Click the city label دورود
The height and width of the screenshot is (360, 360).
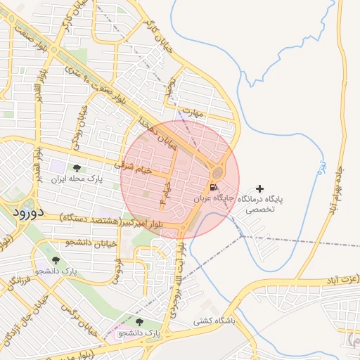tap(29, 210)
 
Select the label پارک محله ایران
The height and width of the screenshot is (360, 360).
tap(76, 179)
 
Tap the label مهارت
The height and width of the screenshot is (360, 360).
tap(191, 112)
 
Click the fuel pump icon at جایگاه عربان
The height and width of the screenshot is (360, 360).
tap(213, 188)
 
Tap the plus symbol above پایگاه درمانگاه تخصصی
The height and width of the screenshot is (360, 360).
tap(261, 188)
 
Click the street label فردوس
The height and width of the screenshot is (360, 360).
tap(117, 268)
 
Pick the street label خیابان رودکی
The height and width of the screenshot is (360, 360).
tap(79, 127)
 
